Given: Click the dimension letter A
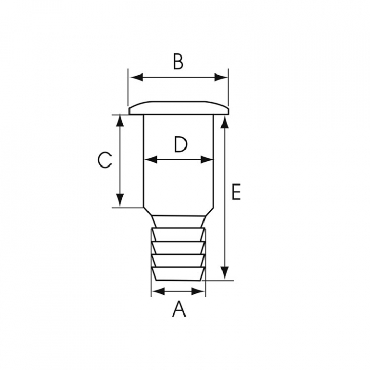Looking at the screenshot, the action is [x=179, y=309].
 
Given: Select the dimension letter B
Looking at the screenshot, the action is [x=178, y=62].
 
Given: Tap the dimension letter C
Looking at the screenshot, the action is [x=104, y=160].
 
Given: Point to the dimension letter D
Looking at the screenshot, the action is [x=180, y=144].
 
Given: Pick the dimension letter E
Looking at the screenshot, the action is [x=236, y=192].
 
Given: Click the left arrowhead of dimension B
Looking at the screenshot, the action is [x=137, y=77].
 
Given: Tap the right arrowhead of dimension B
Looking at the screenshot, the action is [x=221, y=77].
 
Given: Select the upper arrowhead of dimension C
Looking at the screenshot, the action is [x=120, y=121].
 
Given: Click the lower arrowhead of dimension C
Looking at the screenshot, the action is [x=120, y=200].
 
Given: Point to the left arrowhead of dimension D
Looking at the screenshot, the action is [x=151, y=160].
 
